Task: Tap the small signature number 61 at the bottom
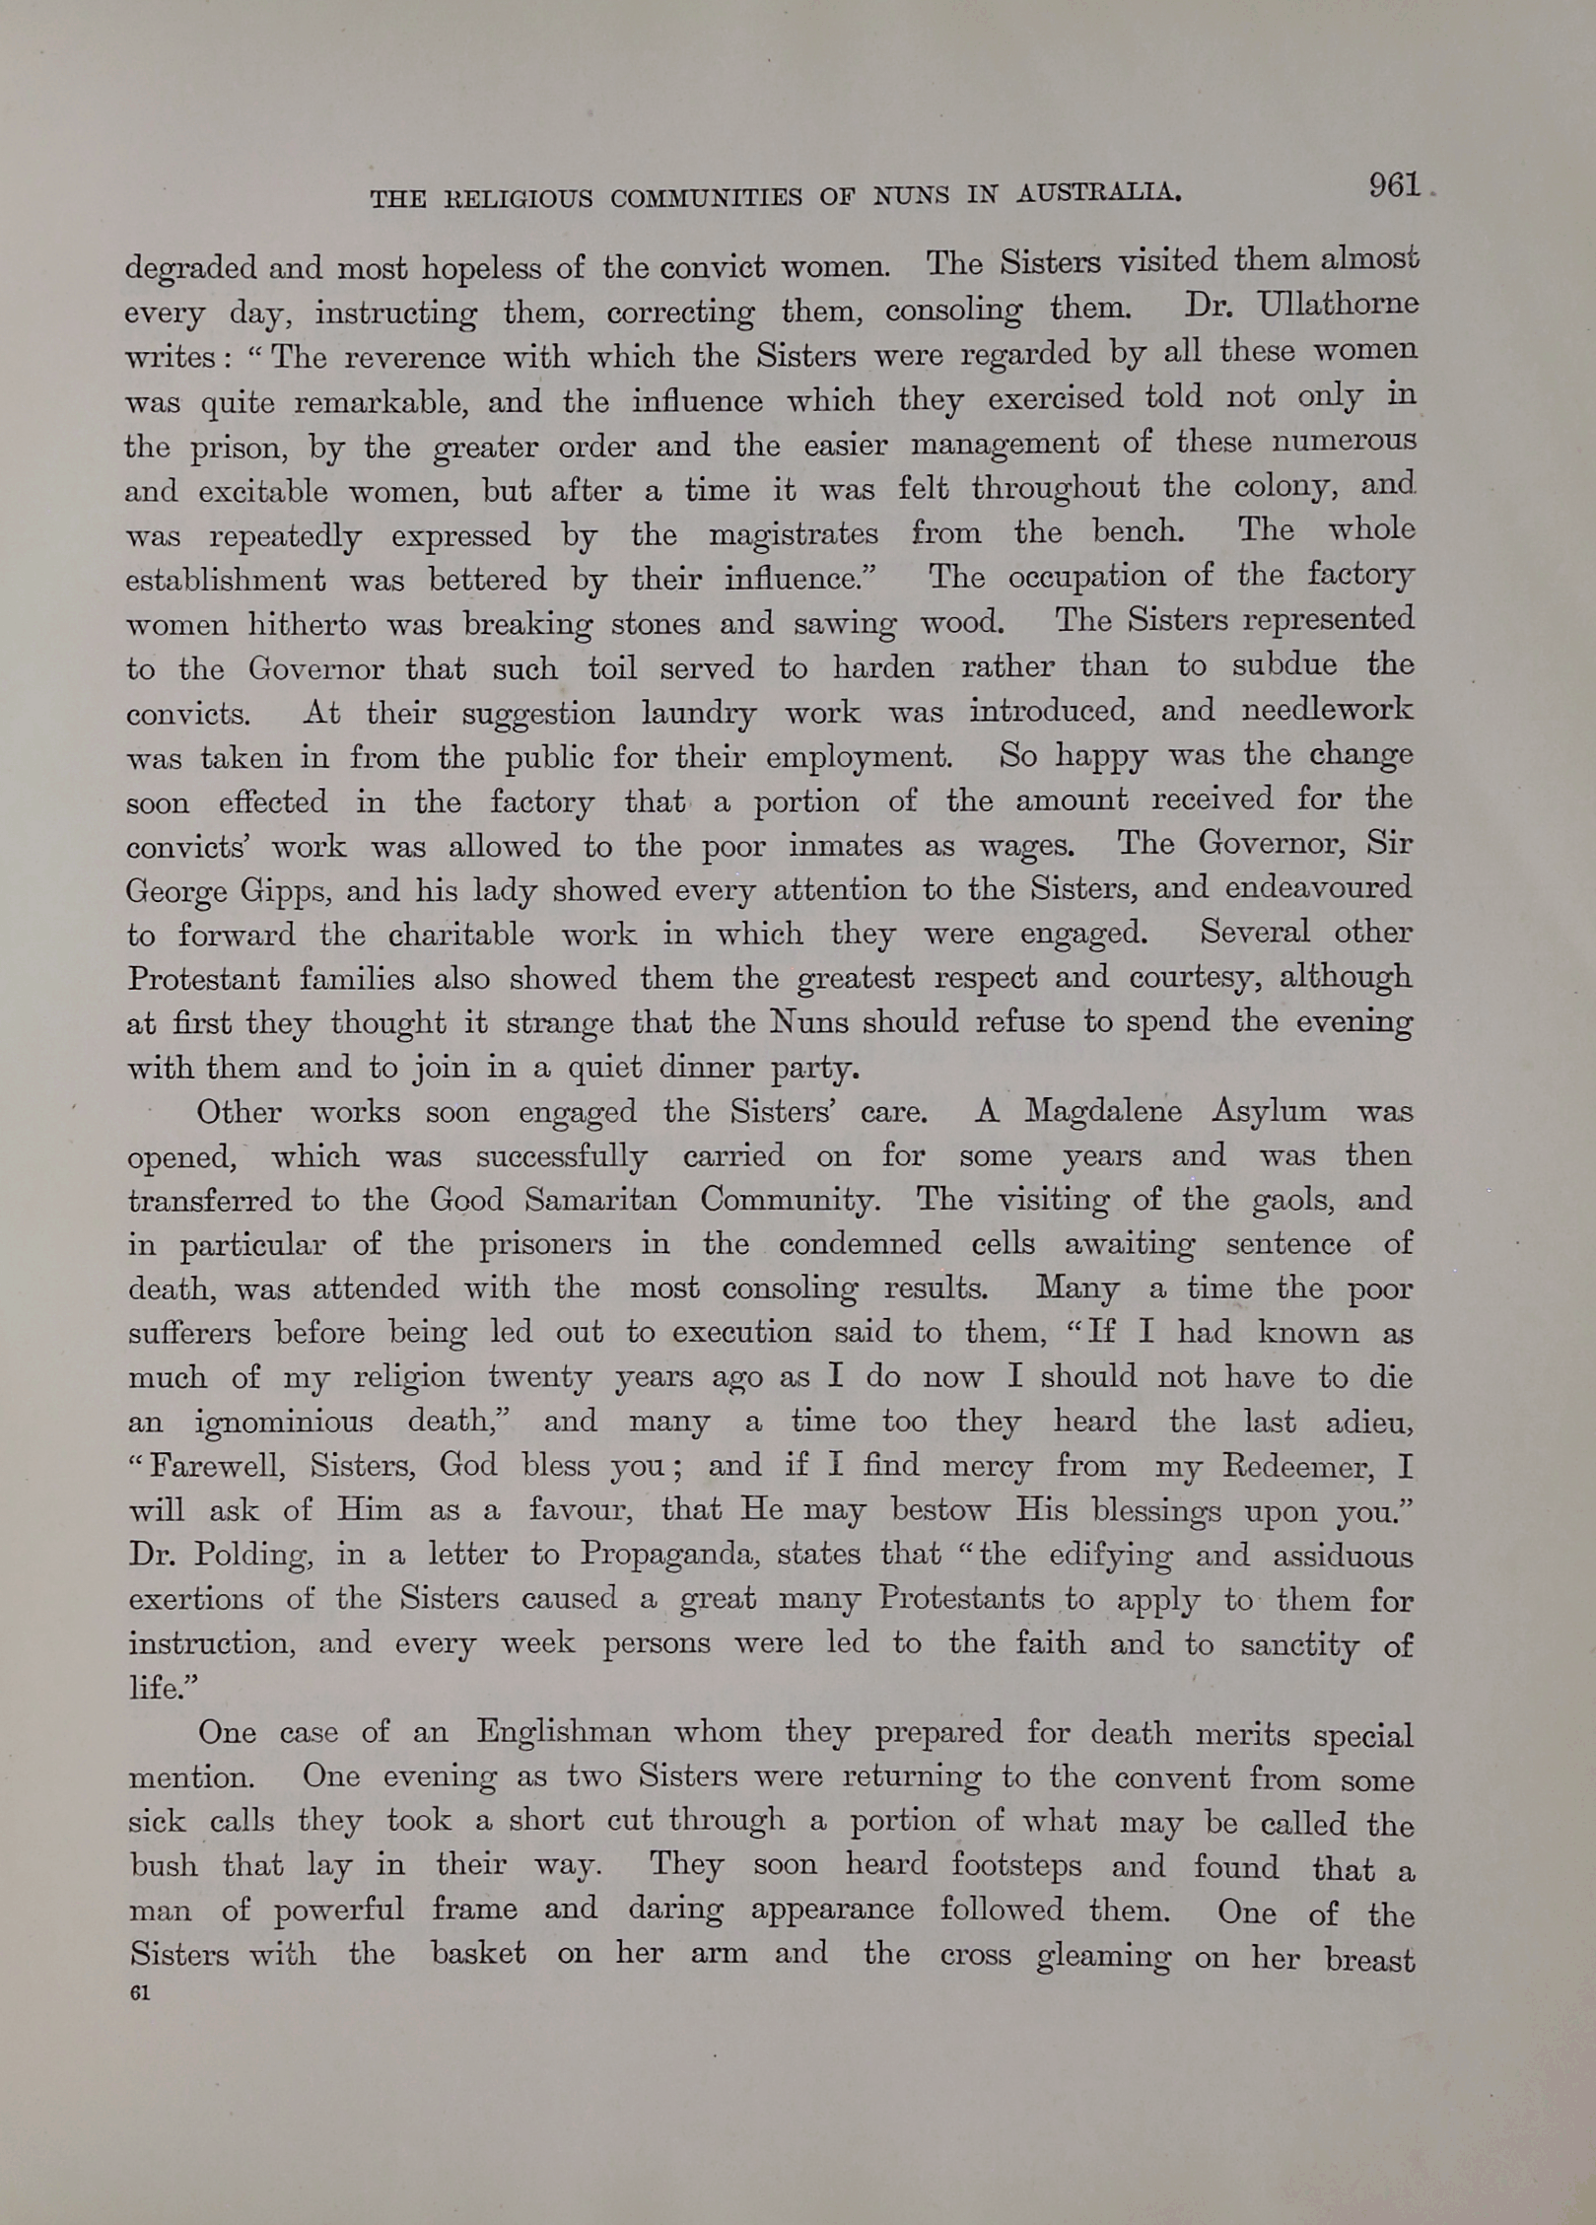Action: tap(139, 1992)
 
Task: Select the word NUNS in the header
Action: tap(912, 194)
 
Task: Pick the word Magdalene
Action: tap(1103, 1111)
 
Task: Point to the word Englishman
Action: tap(563, 1732)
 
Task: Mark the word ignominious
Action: tap(284, 1423)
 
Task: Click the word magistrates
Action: tap(793, 534)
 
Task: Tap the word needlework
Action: tap(1326, 710)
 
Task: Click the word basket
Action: tap(478, 1953)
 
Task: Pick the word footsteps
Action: tap(1015, 1864)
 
